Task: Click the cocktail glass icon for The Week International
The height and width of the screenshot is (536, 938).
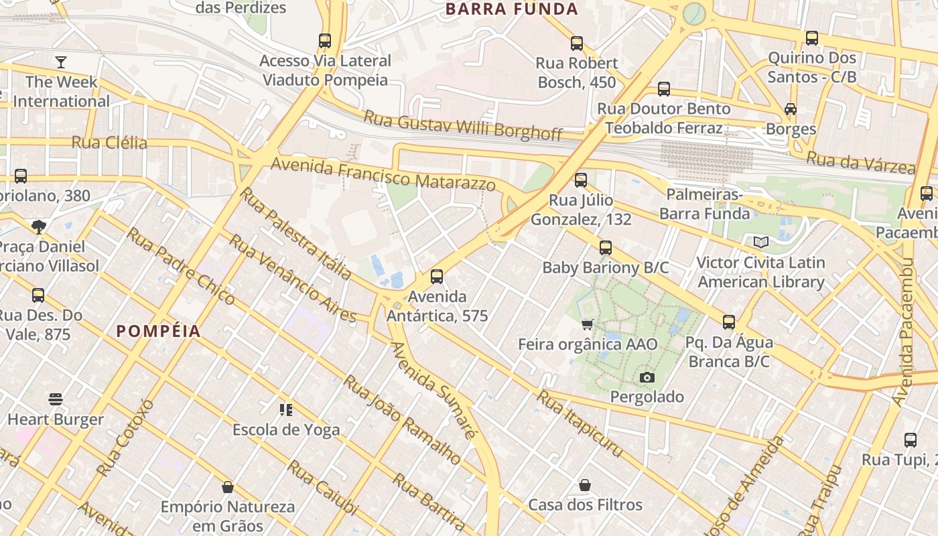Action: click(61, 62)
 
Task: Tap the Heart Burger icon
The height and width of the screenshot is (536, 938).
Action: click(56, 400)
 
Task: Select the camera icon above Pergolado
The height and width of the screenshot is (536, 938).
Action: click(647, 377)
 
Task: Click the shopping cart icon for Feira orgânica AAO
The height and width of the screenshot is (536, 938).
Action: click(588, 324)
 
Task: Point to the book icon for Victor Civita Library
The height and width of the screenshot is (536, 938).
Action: click(760, 242)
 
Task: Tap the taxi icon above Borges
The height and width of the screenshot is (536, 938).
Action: click(791, 109)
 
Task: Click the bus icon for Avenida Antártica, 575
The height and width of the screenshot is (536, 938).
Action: click(437, 276)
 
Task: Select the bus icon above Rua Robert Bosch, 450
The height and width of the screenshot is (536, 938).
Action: click(577, 44)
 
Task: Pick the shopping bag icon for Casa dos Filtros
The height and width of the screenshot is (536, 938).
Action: click(585, 484)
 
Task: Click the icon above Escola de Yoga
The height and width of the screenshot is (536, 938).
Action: click(286, 409)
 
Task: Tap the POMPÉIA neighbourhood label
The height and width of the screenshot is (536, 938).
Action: click(159, 331)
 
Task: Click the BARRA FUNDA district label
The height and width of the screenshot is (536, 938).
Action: click(511, 9)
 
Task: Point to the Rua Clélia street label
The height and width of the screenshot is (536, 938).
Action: click(109, 143)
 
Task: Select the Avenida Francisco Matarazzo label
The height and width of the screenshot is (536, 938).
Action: click(383, 173)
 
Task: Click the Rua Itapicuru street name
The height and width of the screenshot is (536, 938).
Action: click(580, 425)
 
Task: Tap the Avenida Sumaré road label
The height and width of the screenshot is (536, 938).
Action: click(434, 389)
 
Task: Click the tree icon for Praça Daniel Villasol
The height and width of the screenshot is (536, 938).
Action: click(38, 226)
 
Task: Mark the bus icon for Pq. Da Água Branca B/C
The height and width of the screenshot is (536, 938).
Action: click(729, 322)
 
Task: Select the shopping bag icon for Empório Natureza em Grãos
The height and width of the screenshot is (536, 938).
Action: click(228, 486)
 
